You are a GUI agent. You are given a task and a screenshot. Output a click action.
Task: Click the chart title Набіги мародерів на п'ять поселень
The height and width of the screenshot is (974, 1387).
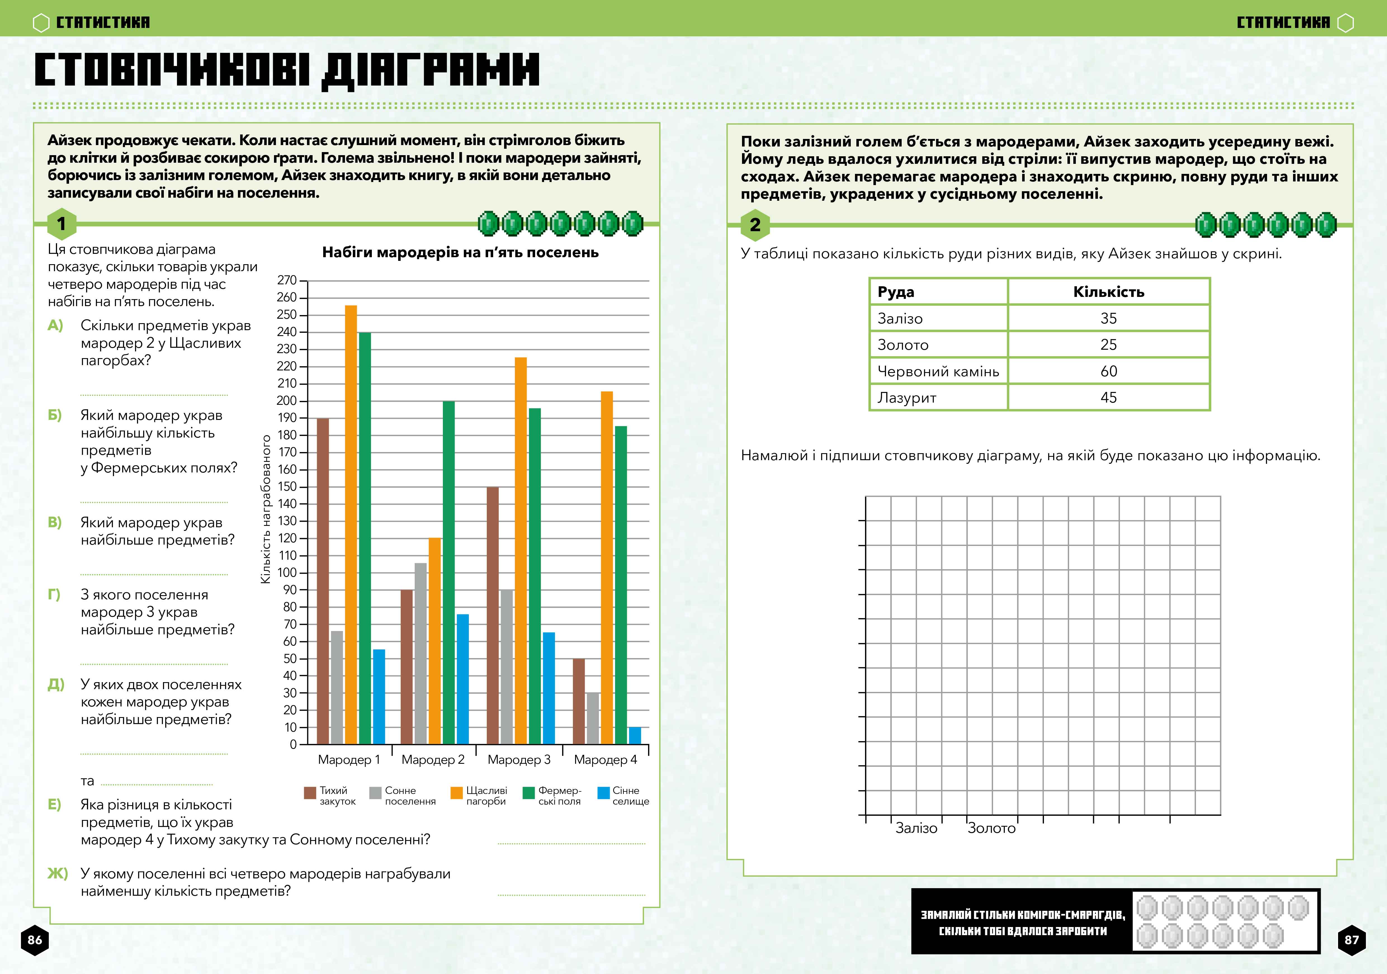point(460,252)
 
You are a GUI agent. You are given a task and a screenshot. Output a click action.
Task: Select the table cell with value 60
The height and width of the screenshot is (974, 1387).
point(1109,371)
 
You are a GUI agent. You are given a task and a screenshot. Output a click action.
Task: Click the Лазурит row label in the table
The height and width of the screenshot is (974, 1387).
point(907,398)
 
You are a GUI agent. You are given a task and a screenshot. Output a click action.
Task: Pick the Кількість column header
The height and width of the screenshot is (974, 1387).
point(1109,292)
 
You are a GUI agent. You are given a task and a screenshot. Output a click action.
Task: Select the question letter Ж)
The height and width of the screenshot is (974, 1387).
point(57,874)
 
